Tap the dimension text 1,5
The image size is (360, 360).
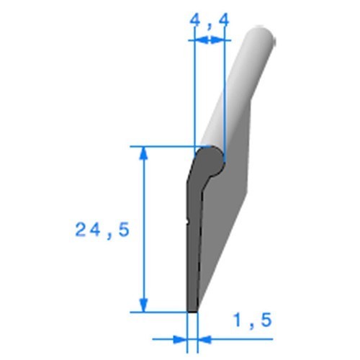pyautogui.click(x=252, y=320)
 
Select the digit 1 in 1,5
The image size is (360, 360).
pyautogui.click(x=237, y=320)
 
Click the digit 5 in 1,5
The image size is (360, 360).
pyautogui.click(x=266, y=320)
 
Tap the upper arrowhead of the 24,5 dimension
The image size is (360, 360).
pyautogui.click(x=144, y=153)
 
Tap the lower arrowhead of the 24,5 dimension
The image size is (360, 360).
pyautogui.click(x=144, y=306)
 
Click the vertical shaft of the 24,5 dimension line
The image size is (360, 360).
pyautogui.click(x=144, y=230)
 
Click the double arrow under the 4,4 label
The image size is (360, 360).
pyautogui.click(x=208, y=42)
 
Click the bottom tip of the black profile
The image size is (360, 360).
pyautogui.click(x=192, y=309)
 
